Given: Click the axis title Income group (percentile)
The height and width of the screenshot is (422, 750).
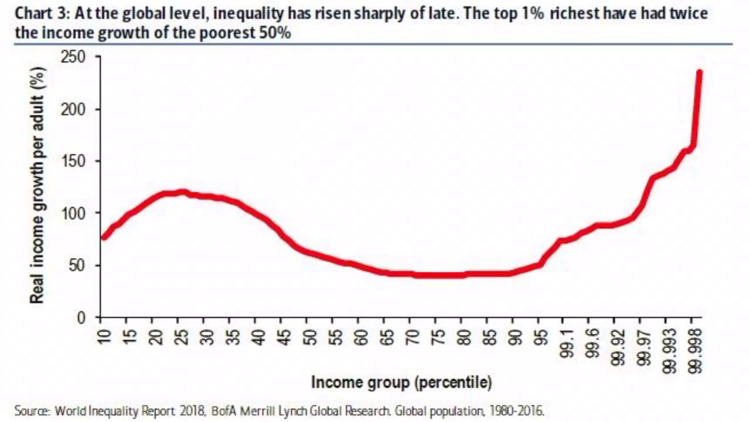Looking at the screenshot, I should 401,383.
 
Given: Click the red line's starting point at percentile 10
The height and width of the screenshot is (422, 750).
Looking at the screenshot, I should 103,237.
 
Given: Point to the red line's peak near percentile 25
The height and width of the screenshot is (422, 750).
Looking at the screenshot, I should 182,192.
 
